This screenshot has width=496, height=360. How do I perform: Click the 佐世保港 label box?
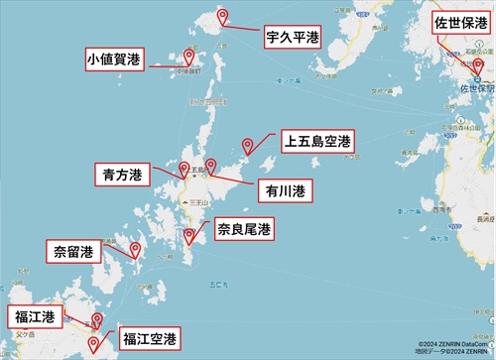[x=461, y=22]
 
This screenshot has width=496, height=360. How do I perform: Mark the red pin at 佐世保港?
[x=477, y=67]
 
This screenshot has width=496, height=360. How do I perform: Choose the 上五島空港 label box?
[x=315, y=142]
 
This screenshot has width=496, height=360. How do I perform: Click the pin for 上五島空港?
[x=249, y=146]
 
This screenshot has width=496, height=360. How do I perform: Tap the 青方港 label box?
[x=121, y=175]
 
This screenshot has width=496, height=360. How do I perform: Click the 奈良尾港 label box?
[x=243, y=229]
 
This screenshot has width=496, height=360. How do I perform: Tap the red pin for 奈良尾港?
[x=189, y=235]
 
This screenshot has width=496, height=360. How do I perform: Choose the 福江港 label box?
[x=34, y=317]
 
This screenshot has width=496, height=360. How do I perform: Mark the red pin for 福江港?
[x=96, y=320]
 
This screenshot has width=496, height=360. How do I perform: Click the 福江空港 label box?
[x=150, y=338]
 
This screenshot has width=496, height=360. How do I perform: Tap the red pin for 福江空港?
[x=93, y=343]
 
